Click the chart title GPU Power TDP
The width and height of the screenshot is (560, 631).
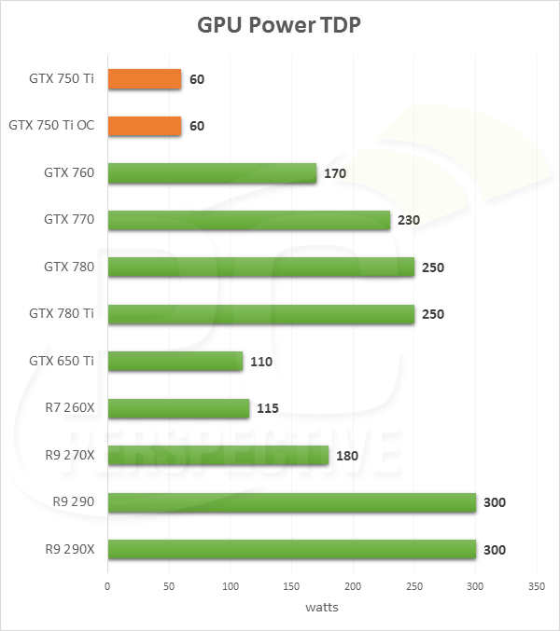[279, 25]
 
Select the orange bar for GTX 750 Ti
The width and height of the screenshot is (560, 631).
[145, 79]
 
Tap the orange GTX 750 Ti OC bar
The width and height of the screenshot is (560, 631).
[145, 126]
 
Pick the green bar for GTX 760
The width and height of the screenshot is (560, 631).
[212, 172]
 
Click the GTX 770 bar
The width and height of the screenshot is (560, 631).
[248, 220]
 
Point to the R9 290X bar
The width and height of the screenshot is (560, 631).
[291, 549]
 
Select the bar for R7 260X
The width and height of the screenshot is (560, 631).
[178, 408]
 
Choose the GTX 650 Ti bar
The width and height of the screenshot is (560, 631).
[175, 361]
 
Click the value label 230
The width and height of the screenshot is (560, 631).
[408, 220]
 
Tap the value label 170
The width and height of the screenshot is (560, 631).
[334, 173]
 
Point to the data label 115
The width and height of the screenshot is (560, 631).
[267, 408]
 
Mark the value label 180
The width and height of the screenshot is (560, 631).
[346, 455]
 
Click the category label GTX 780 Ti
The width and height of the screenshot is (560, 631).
[61, 314]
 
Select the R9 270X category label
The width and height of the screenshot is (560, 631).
[68, 455]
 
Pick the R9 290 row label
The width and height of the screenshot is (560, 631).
[74, 502]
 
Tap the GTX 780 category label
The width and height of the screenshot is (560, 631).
[69, 267]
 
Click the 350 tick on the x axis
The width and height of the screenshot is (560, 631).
[536, 588]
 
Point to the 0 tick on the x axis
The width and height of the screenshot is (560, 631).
[108, 588]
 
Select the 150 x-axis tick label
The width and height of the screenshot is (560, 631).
[291, 588]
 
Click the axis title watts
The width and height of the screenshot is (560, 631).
[322, 608]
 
